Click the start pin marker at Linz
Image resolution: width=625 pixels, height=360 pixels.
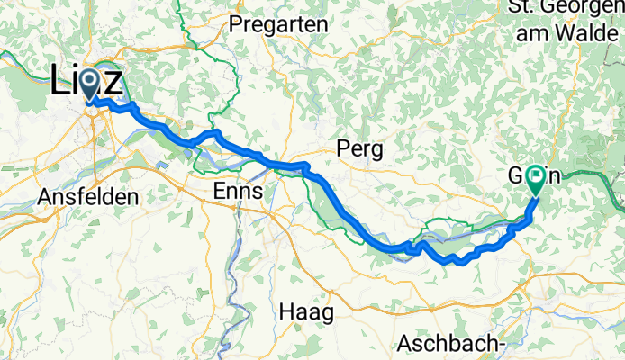point(90,85)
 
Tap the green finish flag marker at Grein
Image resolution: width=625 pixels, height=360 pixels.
point(537,177)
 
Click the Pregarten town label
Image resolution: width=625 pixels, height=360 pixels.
point(278,24)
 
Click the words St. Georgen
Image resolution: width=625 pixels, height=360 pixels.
point(564,7)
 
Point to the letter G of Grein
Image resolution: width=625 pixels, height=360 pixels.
point(514,177)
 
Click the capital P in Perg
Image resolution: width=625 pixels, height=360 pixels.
point(341,148)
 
